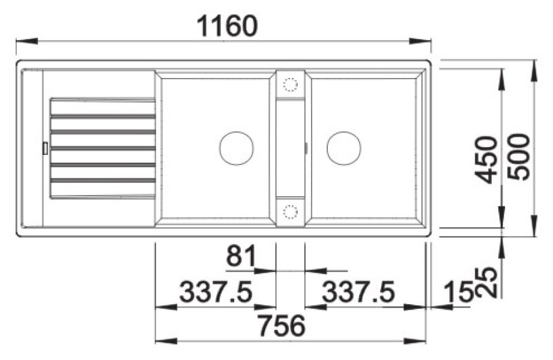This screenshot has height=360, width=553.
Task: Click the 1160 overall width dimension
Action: pos(228,26)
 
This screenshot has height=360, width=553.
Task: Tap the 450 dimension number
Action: pos(486,160)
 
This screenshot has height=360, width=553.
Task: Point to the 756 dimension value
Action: pos(282,326)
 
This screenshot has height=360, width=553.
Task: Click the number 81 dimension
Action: pos(241,256)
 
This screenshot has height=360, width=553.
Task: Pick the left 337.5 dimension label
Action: pos(216,292)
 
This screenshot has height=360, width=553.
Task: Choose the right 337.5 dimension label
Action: pos(358,292)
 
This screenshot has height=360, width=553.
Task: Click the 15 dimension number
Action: pos(458,292)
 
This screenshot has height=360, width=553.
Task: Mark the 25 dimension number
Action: pos(486,283)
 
